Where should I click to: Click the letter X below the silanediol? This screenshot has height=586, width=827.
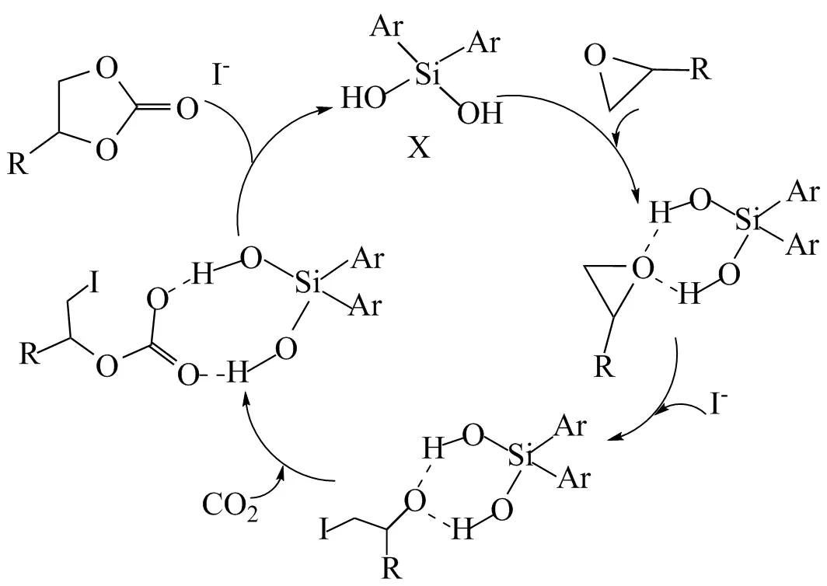[419, 148]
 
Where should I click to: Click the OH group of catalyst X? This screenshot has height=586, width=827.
[480, 115]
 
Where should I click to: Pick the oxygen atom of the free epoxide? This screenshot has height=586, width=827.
[594, 58]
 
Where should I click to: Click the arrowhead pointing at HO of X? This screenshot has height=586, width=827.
[322, 111]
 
